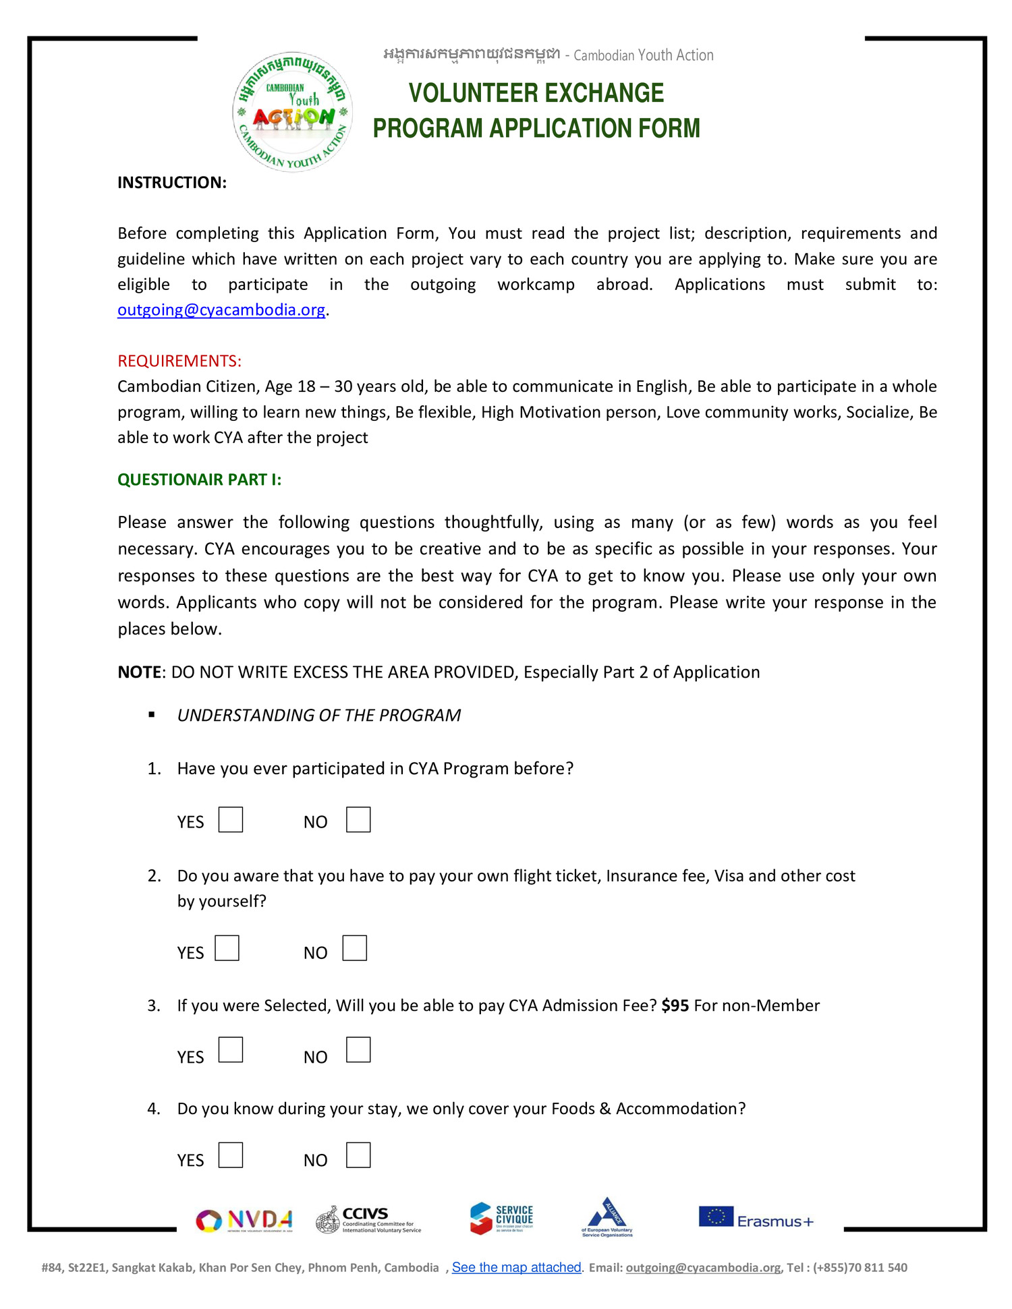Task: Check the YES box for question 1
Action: (230, 819)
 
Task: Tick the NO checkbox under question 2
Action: (354, 948)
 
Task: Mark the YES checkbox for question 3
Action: (230, 1049)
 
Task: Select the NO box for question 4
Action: (358, 1155)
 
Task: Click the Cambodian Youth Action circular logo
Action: (293, 112)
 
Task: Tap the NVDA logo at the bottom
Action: (244, 1220)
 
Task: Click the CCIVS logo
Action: (368, 1220)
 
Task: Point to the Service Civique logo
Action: (501, 1219)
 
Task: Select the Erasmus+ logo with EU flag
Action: (756, 1218)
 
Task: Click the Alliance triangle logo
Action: (607, 1217)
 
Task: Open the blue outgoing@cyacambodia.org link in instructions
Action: (221, 310)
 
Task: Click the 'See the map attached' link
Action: (516, 1267)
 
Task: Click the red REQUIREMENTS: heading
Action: (179, 361)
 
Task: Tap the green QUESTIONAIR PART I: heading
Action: (199, 479)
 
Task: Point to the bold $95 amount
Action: (675, 1006)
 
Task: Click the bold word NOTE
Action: (140, 672)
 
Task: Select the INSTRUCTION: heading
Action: (172, 183)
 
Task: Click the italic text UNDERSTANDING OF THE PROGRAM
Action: (318, 716)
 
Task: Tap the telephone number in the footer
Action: (860, 1268)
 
